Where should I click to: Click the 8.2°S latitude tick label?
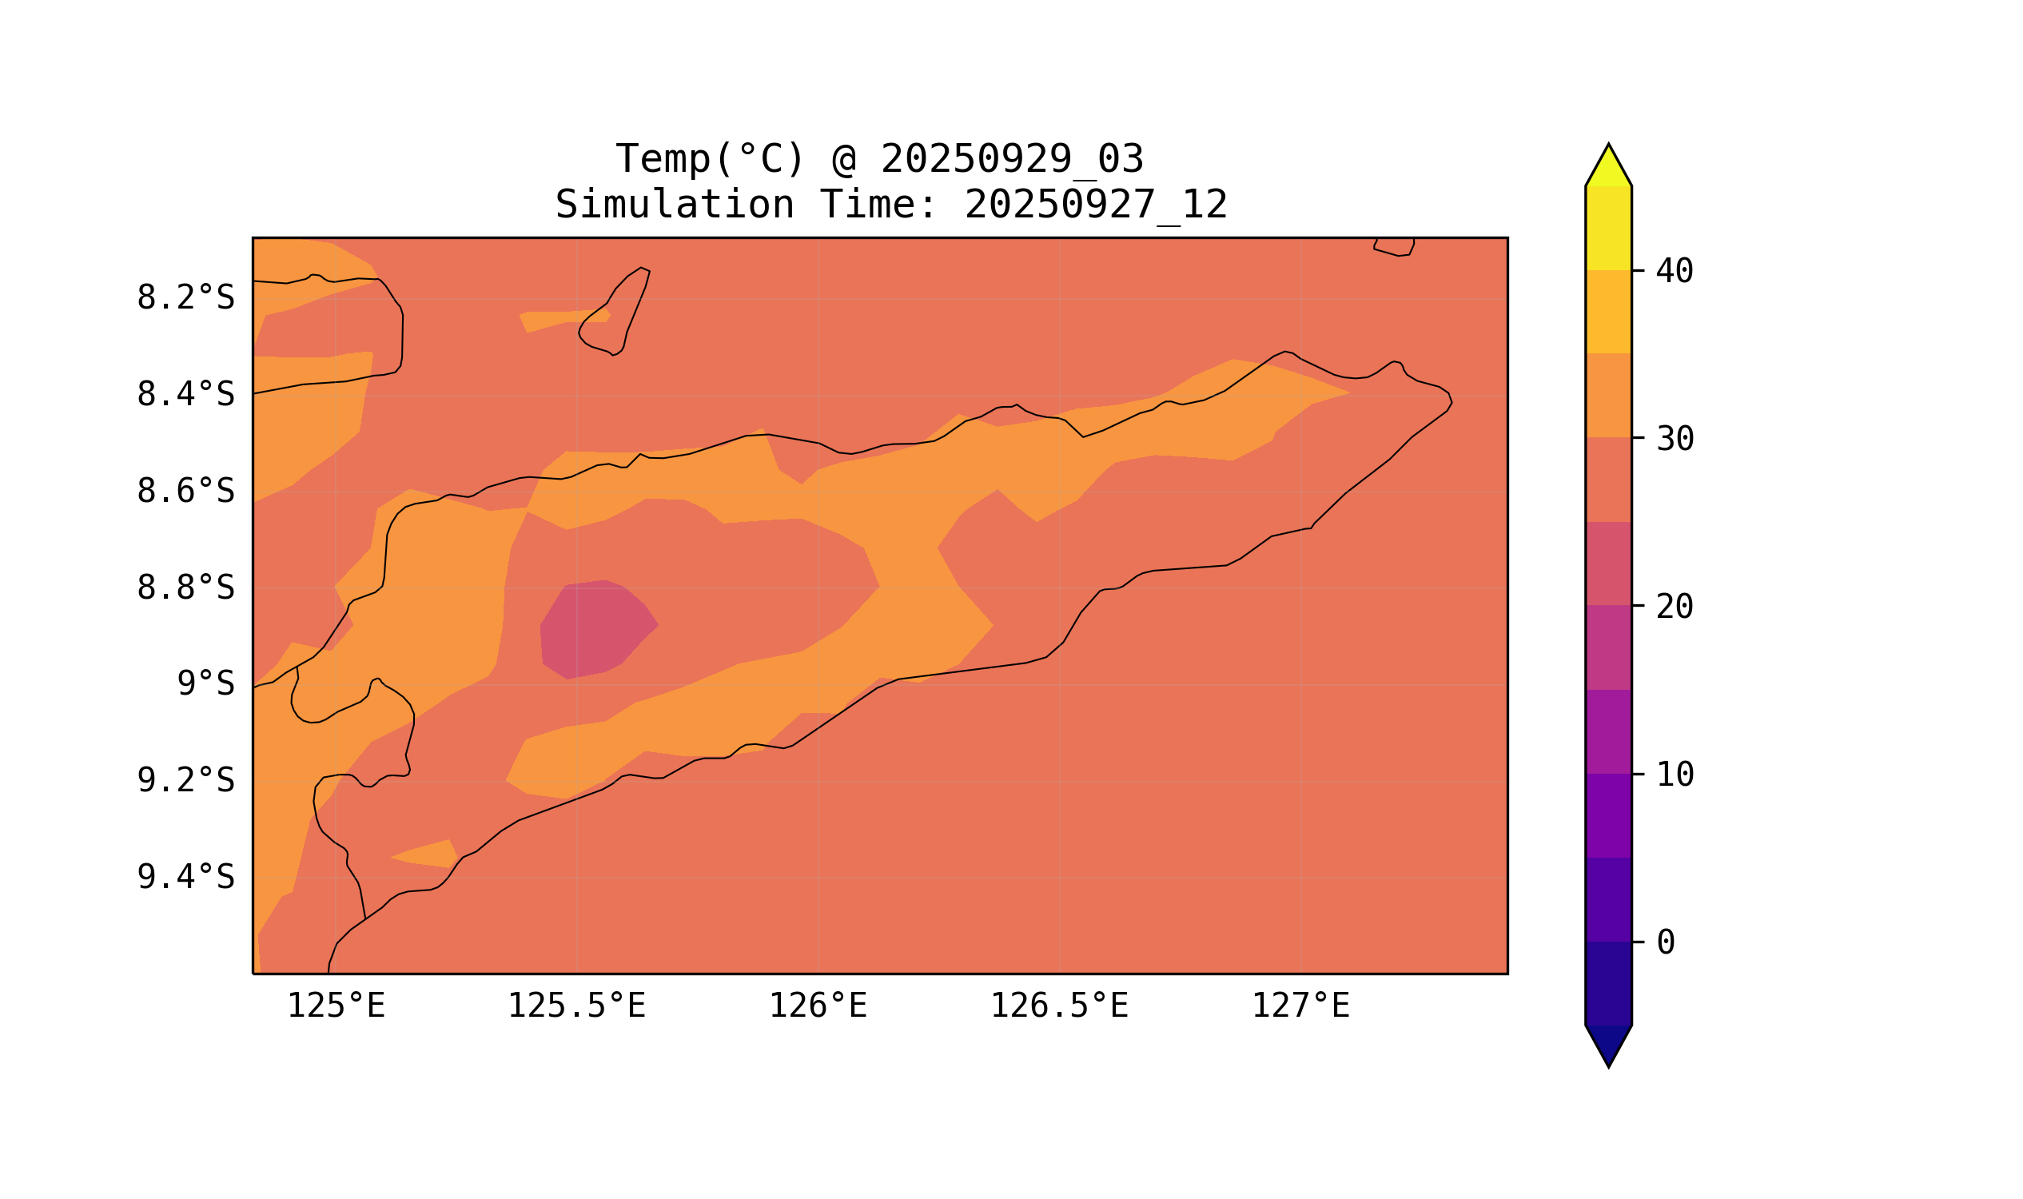click(x=185, y=298)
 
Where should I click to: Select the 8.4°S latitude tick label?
click(x=185, y=395)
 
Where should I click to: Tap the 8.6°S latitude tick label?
click(x=185, y=492)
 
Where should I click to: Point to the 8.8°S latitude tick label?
click(x=185, y=588)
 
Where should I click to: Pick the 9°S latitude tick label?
click(x=205, y=684)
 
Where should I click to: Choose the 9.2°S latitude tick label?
click(x=185, y=781)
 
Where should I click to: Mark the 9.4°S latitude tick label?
click(x=185, y=878)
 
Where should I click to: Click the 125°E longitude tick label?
click(x=336, y=1006)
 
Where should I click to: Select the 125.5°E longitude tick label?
click(x=576, y=1006)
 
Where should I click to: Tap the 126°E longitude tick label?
click(x=818, y=1006)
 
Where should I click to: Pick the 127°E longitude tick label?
click(x=1300, y=1006)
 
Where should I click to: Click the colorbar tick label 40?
click(x=1675, y=272)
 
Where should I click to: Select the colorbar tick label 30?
click(x=1675, y=440)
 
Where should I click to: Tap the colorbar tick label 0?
click(x=1665, y=943)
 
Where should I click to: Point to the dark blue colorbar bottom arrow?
click(x=1608, y=1044)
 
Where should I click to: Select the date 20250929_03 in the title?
click(x=1012, y=159)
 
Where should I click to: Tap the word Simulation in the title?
click(x=674, y=205)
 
